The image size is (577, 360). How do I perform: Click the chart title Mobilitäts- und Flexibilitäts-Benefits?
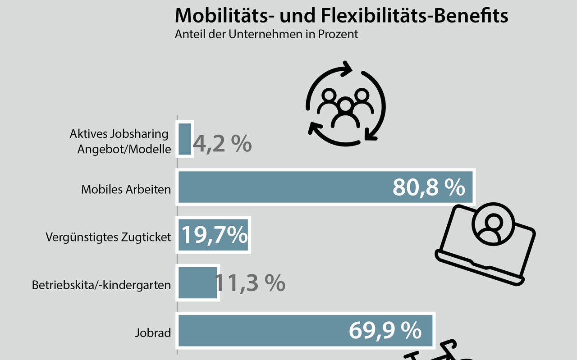click(341, 16)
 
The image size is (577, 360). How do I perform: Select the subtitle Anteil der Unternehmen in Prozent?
click(266, 35)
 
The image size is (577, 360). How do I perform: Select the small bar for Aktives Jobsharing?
click(185, 139)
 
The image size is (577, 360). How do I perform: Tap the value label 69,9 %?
click(385, 331)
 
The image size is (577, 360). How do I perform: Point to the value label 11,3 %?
click(250, 283)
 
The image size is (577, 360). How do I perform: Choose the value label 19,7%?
click(215, 235)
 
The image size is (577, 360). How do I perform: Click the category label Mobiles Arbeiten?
click(126, 189)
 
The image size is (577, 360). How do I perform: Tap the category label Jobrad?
click(153, 333)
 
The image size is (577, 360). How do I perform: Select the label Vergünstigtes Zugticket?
click(108, 237)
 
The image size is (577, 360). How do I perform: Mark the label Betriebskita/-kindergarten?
click(101, 285)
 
